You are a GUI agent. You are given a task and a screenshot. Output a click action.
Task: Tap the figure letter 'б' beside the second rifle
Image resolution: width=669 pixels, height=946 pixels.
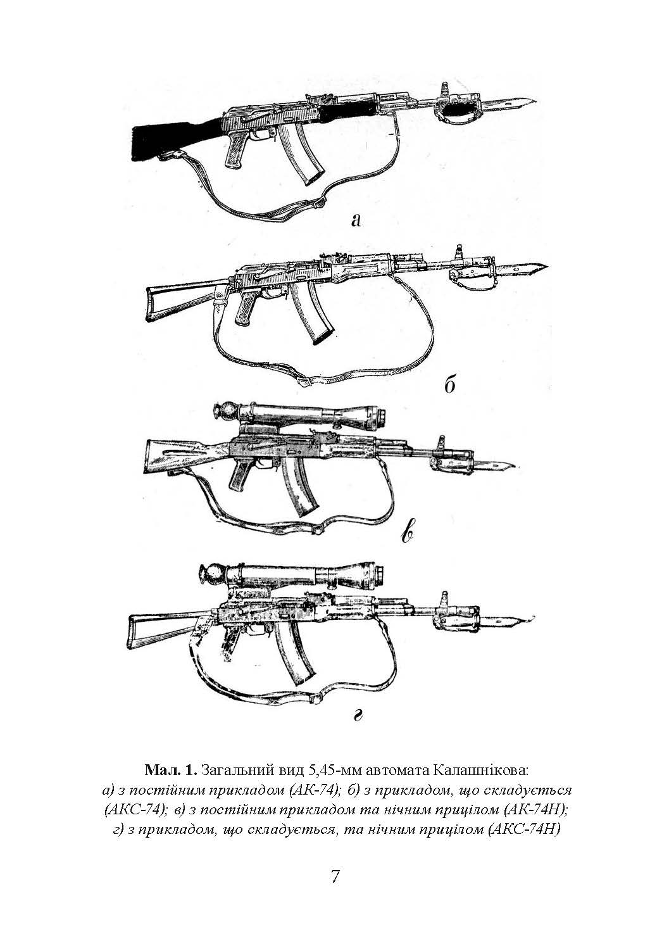[450, 384]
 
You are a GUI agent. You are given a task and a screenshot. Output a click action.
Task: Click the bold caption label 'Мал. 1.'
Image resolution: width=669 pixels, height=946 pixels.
[172, 771]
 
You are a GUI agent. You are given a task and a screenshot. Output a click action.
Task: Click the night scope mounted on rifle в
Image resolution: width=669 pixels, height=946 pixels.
[304, 415]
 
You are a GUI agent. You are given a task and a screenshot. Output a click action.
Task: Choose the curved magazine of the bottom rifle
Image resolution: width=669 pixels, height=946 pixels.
[293, 664]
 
